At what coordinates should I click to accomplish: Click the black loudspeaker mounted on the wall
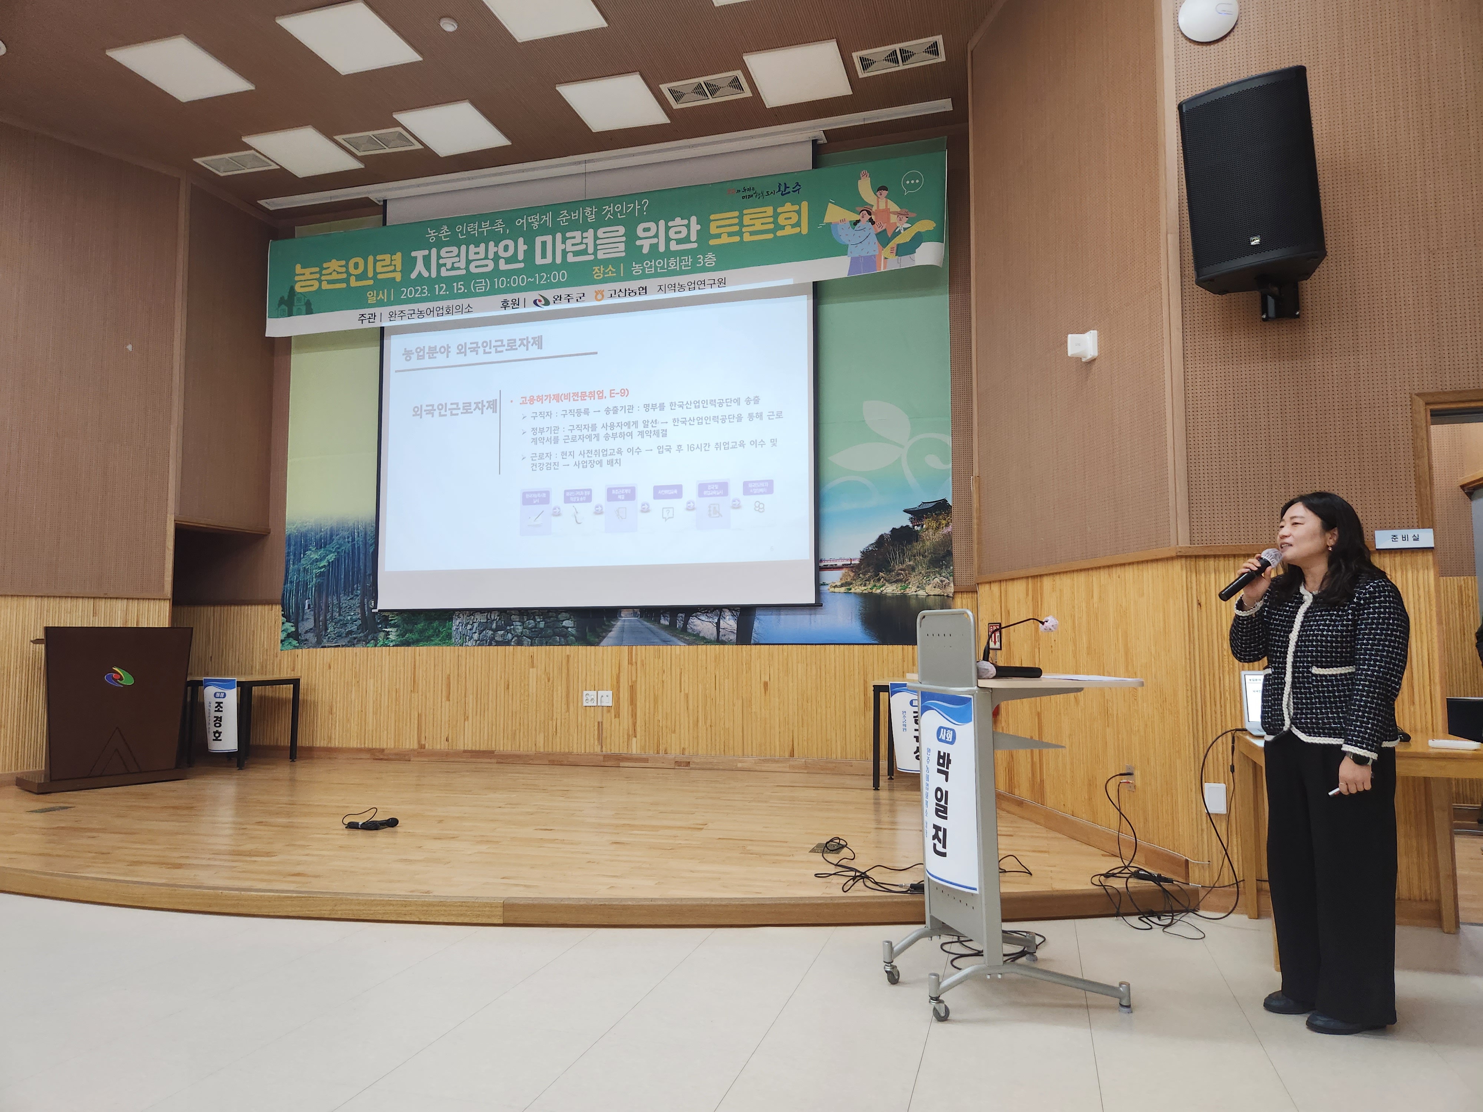coord(1251,181)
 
